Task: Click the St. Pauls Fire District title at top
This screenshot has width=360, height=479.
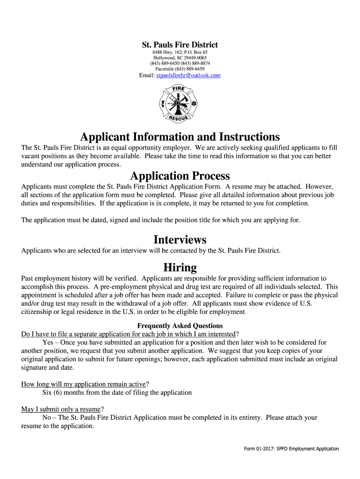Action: click(180, 45)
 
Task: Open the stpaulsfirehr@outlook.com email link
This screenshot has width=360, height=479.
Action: click(188, 75)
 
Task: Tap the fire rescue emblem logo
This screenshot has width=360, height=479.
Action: click(179, 104)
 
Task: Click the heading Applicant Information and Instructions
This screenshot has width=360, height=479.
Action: click(180, 137)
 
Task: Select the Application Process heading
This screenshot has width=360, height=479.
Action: click(180, 176)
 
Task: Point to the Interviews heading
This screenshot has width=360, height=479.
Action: click(180, 239)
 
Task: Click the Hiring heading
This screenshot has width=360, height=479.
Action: click(180, 268)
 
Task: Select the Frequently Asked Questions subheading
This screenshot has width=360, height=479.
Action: click(180, 326)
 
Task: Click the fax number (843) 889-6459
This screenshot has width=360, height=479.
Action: click(191, 69)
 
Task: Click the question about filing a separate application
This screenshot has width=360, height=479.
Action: click(129, 334)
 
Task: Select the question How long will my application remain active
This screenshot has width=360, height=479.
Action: click(84, 384)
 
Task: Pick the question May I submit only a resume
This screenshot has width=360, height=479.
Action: click(61, 409)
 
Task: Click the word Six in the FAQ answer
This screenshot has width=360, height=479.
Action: click(48, 392)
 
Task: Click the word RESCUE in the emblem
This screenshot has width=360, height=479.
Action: click(178, 117)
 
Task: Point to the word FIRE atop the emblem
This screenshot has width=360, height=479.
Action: click(179, 89)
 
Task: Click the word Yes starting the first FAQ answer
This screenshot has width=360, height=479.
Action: click(48, 342)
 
